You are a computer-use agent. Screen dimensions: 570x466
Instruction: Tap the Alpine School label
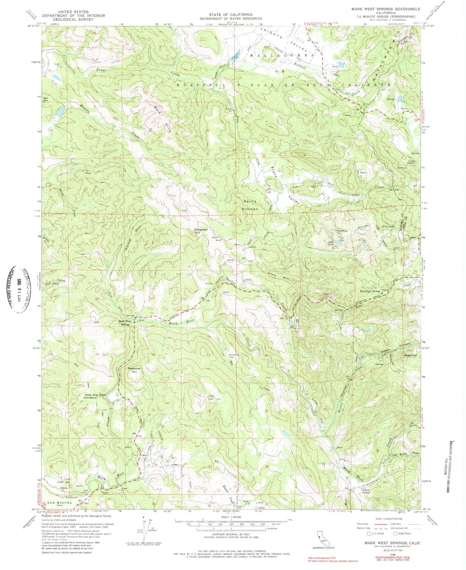(366, 491)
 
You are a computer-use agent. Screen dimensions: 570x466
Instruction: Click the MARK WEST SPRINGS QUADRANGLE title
(386, 9)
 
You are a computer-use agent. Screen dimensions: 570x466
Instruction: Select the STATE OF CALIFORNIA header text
(230, 15)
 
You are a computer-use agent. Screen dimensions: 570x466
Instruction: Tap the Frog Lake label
(389, 227)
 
